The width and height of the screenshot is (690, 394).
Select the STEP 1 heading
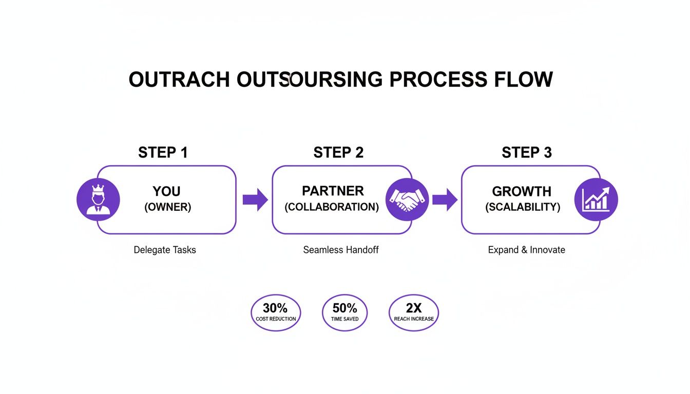[x=163, y=152]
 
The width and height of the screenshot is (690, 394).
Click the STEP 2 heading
[x=338, y=152]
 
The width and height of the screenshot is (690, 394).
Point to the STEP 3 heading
[x=526, y=152]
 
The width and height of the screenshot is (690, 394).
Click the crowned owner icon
[x=98, y=200]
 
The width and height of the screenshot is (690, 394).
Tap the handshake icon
[x=407, y=200]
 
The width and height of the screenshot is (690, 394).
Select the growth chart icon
[x=596, y=200]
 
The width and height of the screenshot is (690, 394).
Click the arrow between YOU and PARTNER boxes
[x=255, y=200]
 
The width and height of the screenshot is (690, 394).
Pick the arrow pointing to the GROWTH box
[x=445, y=200]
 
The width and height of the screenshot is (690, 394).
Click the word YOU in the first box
[x=166, y=191]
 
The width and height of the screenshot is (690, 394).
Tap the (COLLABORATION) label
[x=332, y=207]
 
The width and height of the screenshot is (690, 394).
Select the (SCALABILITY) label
[x=523, y=207]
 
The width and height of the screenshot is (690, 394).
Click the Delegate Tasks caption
[x=165, y=250]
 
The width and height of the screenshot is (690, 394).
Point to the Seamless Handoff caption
[x=341, y=250]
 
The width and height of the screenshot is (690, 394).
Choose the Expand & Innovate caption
[x=526, y=250]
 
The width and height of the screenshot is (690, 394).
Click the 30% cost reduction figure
[x=276, y=308]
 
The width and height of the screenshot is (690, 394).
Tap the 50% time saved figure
[x=344, y=308]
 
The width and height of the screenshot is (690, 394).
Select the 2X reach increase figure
[x=414, y=308]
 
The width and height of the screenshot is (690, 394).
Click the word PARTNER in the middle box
[x=333, y=191]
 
